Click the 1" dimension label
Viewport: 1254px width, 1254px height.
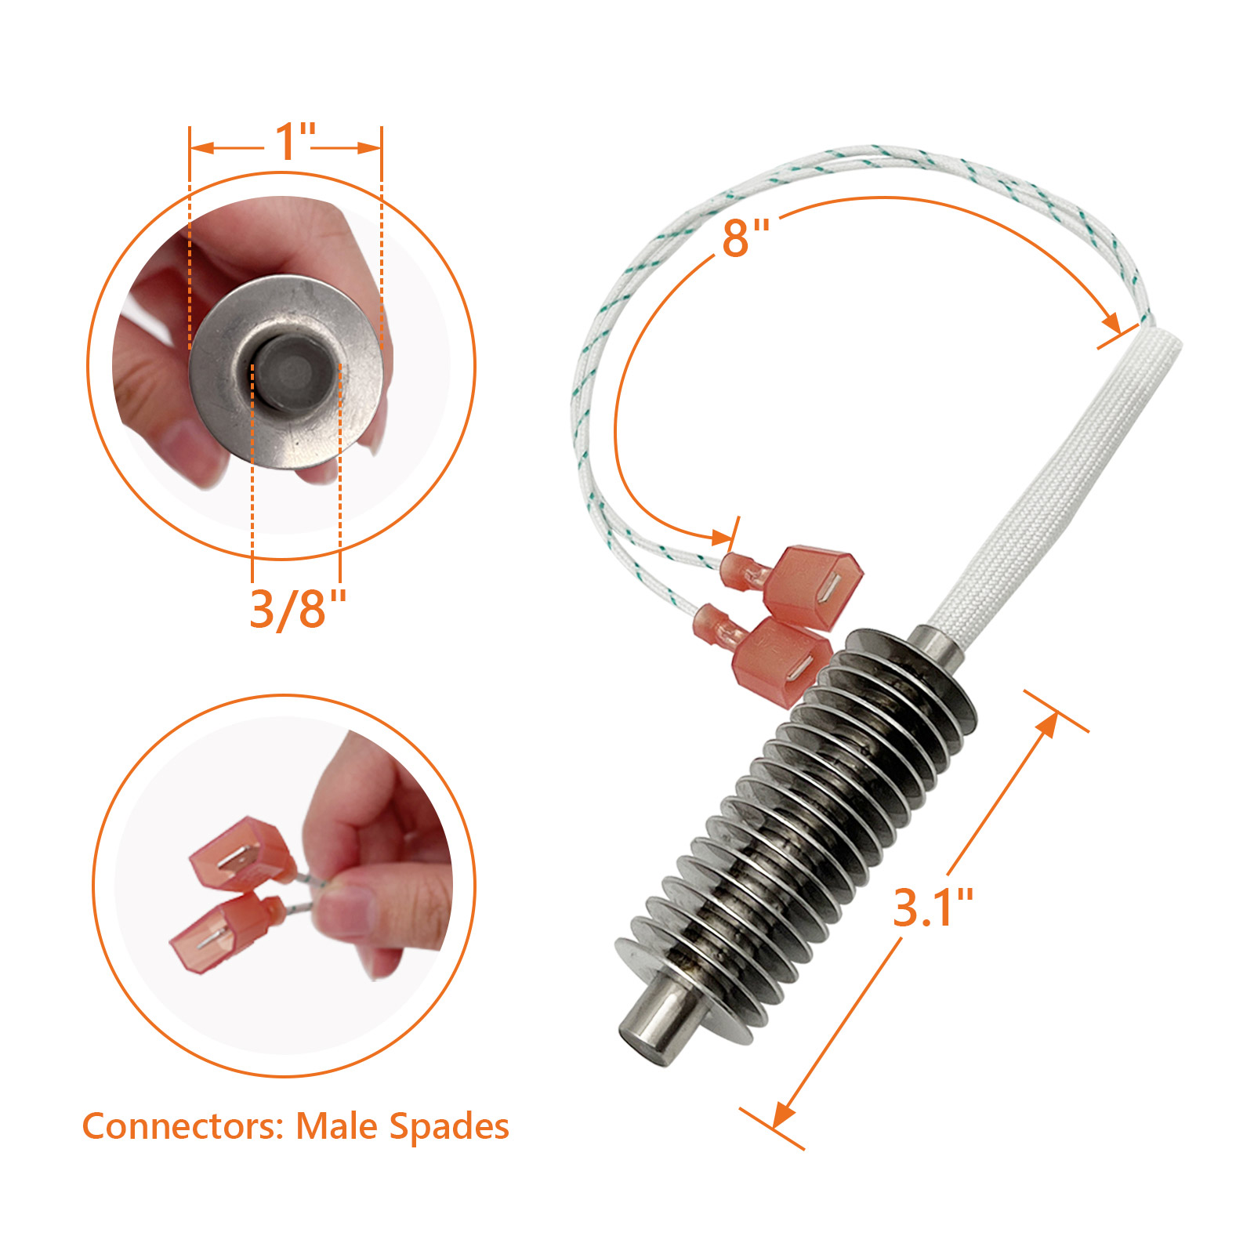[294, 142]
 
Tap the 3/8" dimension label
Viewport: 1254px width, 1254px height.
[298, 609]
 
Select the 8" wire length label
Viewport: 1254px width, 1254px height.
[745, 237]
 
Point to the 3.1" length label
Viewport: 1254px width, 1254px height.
[933, 908]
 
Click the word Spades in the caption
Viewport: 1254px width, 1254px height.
[449, 1128]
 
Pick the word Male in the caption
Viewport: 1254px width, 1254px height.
[336, 1126]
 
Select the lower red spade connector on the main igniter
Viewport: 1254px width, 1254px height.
[780, 661]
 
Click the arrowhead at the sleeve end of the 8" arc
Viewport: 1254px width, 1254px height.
[1111, 322]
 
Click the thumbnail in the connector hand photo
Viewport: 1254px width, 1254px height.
[346, 912]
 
